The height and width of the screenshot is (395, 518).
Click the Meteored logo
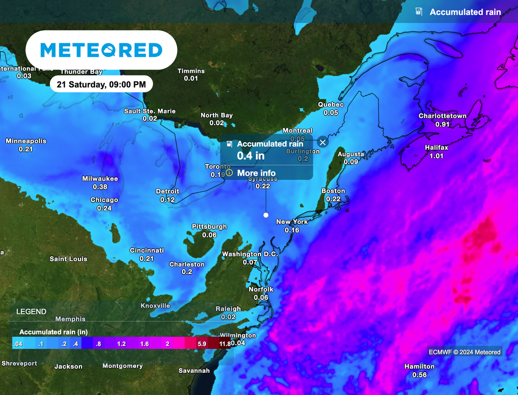[101, 50]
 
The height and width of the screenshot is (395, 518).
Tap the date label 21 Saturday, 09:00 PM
[101, 84]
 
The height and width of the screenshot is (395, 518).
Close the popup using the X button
[323, 142]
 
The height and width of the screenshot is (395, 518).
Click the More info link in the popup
[256, 173]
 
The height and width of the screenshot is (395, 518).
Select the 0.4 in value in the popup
[250, 155]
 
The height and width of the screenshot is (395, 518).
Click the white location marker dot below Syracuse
[266, 215]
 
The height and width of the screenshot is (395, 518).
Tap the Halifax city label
[436, 147]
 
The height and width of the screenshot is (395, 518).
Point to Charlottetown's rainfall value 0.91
[442, 124]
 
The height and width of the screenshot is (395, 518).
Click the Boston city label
[333, 191]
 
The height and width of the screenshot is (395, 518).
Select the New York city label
[292, 222]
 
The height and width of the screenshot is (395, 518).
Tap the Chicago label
[104, 200]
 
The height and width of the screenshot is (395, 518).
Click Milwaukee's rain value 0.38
[100, 187]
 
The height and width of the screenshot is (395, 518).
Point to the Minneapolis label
[26, 141]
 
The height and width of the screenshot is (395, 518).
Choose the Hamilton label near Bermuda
[419, 366]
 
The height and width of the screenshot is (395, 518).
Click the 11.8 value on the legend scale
[225, 344]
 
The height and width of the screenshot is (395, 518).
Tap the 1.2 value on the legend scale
[121, 344]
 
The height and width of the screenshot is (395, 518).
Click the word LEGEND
[31, 311]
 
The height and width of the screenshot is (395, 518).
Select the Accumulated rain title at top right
[465, 12]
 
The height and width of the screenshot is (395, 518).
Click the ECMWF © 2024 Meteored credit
[464, 352]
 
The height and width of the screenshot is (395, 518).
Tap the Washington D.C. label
[250, 254]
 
